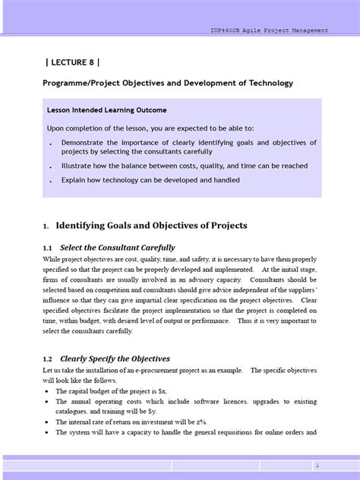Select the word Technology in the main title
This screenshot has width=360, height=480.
pyautogui.click(x=266, y=82)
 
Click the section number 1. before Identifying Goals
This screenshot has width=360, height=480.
pyautogui.click(x=46, y=226)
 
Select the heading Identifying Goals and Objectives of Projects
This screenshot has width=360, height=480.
pyautogui.click(x=151, y=226)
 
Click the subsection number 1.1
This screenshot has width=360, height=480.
pyautogui.click(x=47, y=248)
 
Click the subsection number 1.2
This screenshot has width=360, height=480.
pyautogui.click(x=47, y=358)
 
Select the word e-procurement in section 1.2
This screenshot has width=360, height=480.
pyautogui.click(x=163, y=370)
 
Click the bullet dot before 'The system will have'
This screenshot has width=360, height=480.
pyautogui.click(x=48, y=433)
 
